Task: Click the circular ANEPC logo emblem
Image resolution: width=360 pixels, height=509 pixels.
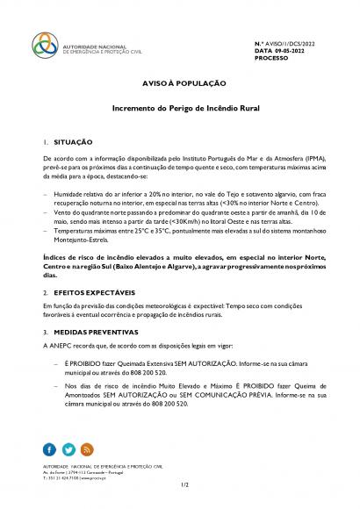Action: [44, 44]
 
